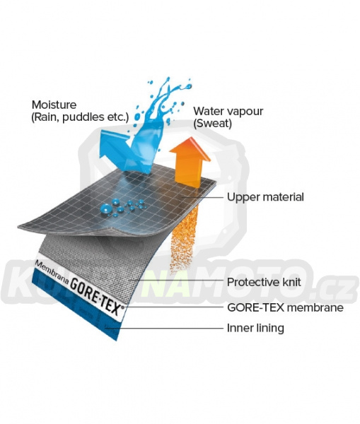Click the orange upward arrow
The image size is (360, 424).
[190, 163]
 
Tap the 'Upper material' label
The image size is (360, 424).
[265, 197]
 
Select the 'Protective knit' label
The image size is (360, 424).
[264, 282]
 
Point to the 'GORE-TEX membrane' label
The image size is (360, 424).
[285, 307]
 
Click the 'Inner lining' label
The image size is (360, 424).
[255, 328]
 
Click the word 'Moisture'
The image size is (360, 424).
[54, 105]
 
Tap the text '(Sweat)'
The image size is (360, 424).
[212, 123]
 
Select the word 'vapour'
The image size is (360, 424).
[245, 112]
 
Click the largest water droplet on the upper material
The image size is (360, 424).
[106, 208]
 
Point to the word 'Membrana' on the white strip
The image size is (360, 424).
[52, 272]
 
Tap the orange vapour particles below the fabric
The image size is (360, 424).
[184, 238]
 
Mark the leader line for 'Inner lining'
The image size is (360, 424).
[165, 329]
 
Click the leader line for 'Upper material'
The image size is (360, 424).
[202, 197]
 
